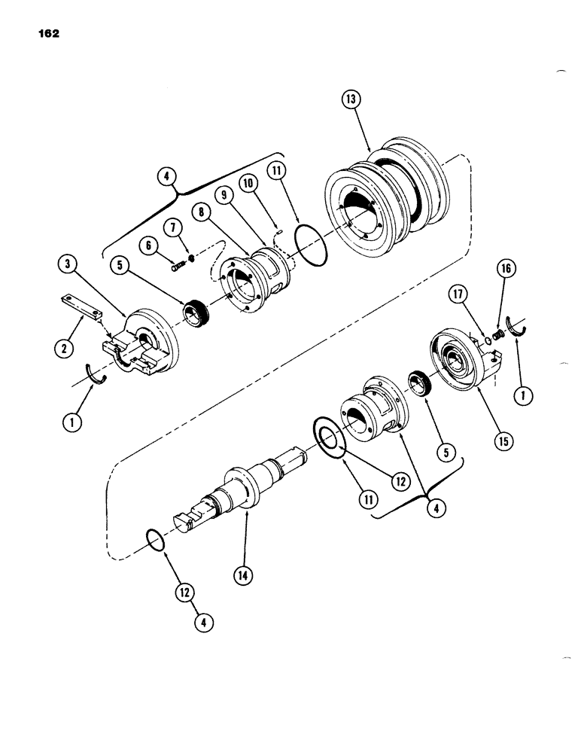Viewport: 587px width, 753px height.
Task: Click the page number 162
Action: [x=46, y=34]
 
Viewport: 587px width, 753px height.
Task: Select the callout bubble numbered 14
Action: [x=243, y=575]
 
